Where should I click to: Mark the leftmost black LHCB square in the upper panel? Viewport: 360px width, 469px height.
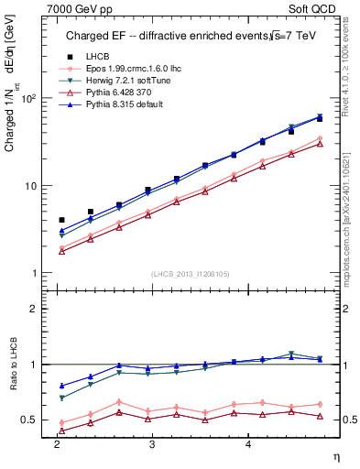tap(61, 220)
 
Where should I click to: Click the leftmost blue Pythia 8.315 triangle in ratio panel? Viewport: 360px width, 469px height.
tap(61, 386)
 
